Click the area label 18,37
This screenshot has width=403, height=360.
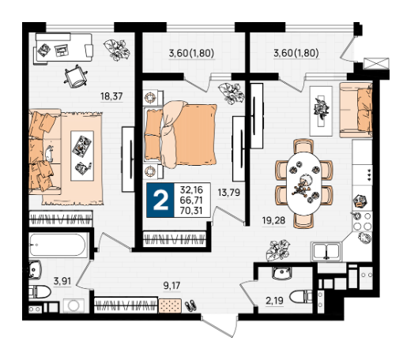pyautogui.click(x=111, y=96)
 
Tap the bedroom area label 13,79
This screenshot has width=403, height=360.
pyautogui.click(x=229, y=193)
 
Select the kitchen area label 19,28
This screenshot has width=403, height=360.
pyautogui.click(x=273, y=220)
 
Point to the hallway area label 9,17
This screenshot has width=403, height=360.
pyautogui.click(x=171, y=285)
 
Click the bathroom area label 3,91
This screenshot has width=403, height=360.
pyautogui.click(x=62, y=281)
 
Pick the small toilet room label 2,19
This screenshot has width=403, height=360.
pyautogui.click(x=274, y=300)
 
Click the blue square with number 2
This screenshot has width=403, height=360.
pyautogui.click(x=160, y=200)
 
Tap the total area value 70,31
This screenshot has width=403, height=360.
pyautogui.click(x=191, y=211)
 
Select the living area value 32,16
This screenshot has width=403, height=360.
pyautogui.click(x=191, y=189)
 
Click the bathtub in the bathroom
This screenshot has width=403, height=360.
pyautogui.click(x=58, y=245)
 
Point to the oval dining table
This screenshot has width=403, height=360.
pyautogui.click(x=304, y=184)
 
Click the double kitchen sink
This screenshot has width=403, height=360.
pyautogui.click(x=326, y=251)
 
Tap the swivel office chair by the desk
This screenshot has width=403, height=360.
pyautogui.click(x=76, y=77)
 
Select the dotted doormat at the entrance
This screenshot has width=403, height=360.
pyautogui.click(x=170, y=306)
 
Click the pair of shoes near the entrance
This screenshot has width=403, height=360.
pyautogui.click(x=190, y=306)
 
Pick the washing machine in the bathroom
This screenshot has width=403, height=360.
pyautogui.click(x=73, y=306)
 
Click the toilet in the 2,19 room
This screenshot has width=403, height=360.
pyautogui.click(x=301, y=297)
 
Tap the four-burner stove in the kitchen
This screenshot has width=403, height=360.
pyautogui.click(x=362, y=221)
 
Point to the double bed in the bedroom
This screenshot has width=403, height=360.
pyautogui.click(x=180, y=135)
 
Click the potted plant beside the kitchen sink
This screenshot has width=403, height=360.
pyautogui.click(x=277, y=250)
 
